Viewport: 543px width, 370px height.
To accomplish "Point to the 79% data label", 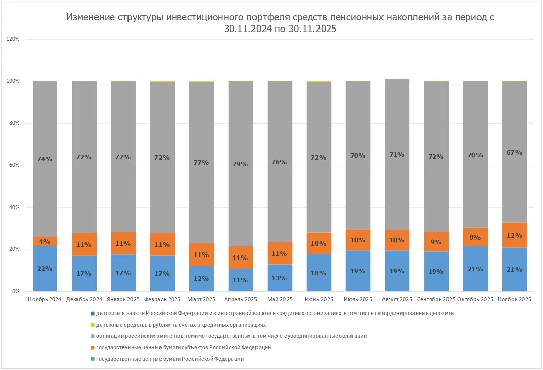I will click(240, 164).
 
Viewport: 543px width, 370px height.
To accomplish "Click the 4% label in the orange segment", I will click(45, 241).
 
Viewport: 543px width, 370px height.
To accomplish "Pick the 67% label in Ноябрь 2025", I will click(515, 152).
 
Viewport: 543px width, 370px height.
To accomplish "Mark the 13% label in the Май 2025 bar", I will click(279, 278).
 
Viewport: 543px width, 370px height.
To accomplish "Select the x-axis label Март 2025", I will click(201, 300).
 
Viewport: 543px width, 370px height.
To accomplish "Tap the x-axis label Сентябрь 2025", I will click(436, 300).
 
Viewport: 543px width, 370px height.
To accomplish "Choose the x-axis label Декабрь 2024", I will click(84, 300).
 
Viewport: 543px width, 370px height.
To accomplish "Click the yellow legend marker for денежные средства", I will click(92, 325).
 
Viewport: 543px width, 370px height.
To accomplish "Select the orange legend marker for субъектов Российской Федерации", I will click(92, 348).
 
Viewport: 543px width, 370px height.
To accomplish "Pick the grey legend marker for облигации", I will click(92, 336).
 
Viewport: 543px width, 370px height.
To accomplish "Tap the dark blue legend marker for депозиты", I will click(92, 314).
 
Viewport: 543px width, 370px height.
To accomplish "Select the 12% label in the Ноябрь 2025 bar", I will click(515, 236).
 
